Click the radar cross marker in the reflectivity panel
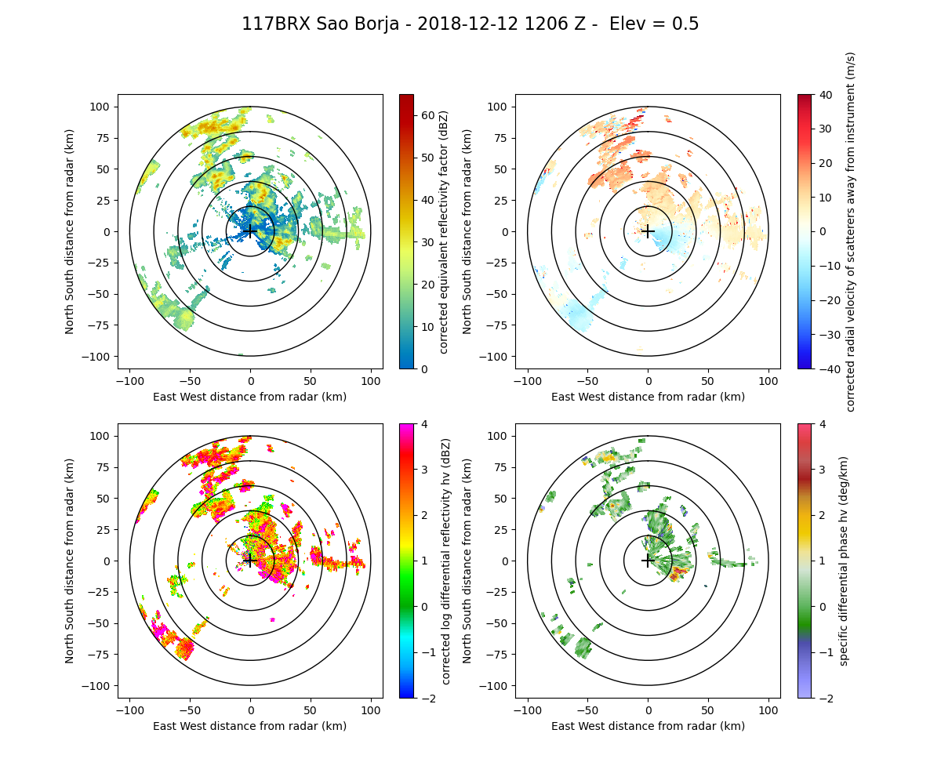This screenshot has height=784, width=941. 250,231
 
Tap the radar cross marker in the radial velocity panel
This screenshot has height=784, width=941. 648,231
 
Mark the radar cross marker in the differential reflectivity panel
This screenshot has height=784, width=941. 250,561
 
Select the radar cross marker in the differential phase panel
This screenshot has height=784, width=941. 648,561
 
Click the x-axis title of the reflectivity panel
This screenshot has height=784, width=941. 250,397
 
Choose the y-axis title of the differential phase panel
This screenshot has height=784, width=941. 467,561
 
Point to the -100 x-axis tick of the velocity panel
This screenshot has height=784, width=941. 528,380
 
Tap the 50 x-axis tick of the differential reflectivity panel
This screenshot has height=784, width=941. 311,710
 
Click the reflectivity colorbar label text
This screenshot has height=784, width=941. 444,231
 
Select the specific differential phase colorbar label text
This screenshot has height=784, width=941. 844,561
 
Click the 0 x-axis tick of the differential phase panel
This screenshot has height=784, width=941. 648,710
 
